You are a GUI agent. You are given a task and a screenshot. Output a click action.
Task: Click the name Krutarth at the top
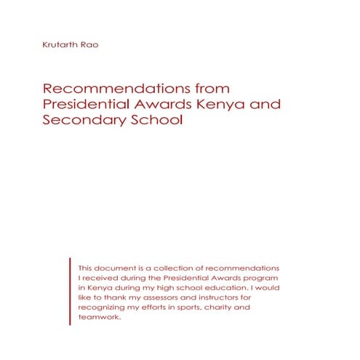click(60, 46)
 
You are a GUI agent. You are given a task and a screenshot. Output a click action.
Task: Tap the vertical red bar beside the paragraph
click(71, 291)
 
